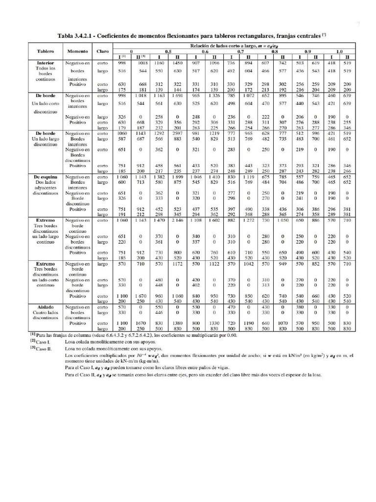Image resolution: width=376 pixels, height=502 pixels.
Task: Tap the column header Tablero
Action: click(45, 51)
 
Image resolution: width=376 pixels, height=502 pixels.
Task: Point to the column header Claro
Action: click(103, 51)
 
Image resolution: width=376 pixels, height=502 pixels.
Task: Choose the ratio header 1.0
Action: click(339, 51)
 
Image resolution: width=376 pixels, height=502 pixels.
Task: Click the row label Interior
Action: click(45, 63)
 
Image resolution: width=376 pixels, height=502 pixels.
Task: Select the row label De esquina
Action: click(45, 176)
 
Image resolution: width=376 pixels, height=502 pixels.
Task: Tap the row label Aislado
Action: click(45, 306)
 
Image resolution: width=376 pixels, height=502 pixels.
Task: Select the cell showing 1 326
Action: click(214, 96)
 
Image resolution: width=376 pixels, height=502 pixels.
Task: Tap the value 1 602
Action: click(214, 221)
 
